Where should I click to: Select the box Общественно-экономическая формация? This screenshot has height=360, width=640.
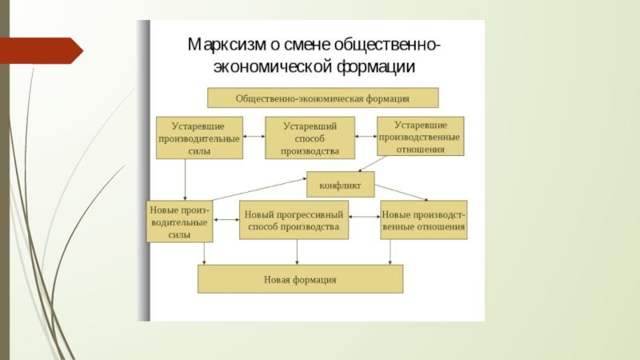322,98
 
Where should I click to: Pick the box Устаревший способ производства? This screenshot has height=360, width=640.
310,138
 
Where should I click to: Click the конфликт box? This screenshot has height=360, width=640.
341,185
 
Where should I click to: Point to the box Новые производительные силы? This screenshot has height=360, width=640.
179,221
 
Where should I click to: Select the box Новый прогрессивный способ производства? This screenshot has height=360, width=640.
294,221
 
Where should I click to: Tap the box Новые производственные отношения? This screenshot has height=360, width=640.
423,221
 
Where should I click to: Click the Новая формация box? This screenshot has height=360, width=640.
300,279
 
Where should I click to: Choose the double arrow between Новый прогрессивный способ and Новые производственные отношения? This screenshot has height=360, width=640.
364,217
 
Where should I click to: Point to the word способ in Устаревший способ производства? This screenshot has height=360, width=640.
310,138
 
